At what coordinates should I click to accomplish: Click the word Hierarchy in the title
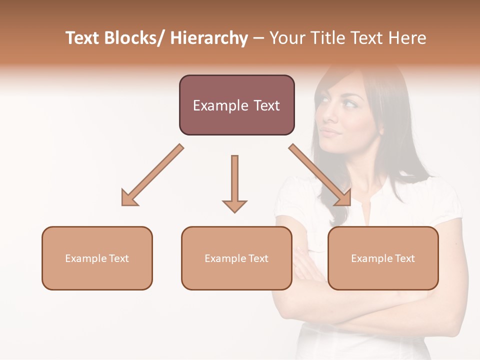click(x=209, y=38)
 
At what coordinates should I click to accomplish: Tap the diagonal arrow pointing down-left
click(x=152, y=175)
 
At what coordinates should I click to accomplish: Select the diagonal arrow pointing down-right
click(x=320, y=175)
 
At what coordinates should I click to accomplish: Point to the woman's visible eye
click(x=349, y=104)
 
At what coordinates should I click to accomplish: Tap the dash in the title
click(x=258, y=38)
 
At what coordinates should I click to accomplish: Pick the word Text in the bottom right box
click(x=404, y=258)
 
